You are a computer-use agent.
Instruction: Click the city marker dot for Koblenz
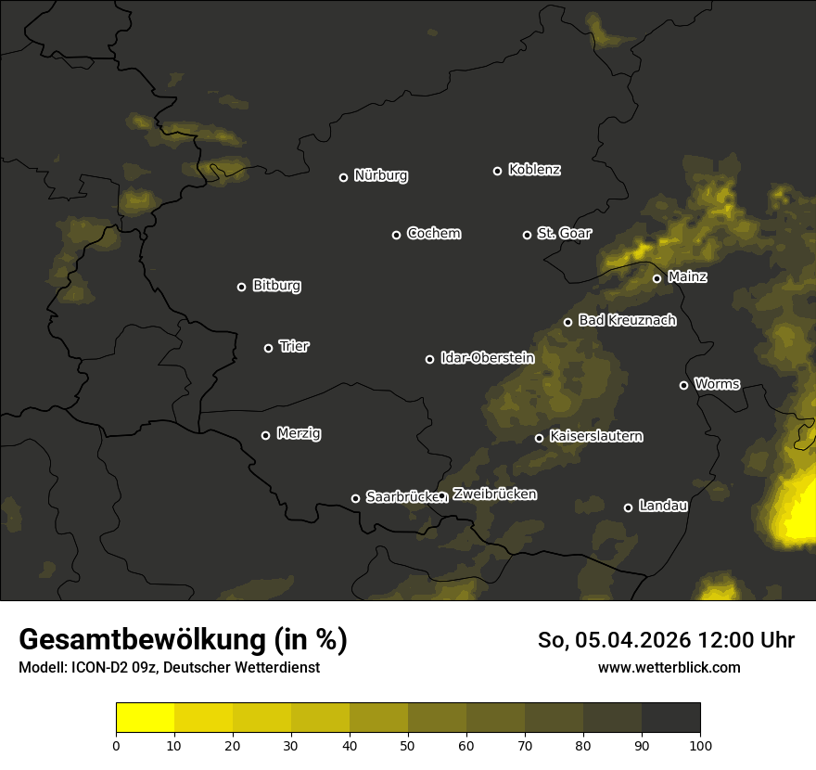[x=497, y=171]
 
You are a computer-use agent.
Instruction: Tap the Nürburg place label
[x=380, y=175]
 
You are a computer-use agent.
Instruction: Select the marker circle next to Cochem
[x=396, y=235]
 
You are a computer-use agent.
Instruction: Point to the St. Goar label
[x=564, y=233]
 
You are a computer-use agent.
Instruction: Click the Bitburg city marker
[x=241, y=287]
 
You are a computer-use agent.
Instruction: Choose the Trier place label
[x=294, y=346]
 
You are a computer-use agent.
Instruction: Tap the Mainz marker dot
[x=657, y=278]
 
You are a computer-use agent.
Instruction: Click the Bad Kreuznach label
[x=627, y=320]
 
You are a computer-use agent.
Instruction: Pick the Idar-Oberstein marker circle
[x=429, y=359]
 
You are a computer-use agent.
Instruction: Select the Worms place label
[x=717, y=383]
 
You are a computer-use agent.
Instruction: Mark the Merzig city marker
[x=265, y=435]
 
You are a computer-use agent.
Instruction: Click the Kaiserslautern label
[x=595, y=436]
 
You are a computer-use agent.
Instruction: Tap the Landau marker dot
[x=628, y=507]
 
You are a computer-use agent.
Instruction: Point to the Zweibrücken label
[x=494, y=494]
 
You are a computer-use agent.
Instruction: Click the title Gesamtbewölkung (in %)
[x=183, y=639]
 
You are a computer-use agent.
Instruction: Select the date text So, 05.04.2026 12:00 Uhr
[x=666, y=640]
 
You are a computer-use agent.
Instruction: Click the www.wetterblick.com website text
[x=669, y=667]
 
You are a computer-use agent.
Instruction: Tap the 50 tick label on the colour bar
[x=408, y=744]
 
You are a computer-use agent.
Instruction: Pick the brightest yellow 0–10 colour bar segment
[x=145, y=718]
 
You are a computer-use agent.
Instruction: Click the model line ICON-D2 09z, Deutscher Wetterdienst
[x=169, y=667]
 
